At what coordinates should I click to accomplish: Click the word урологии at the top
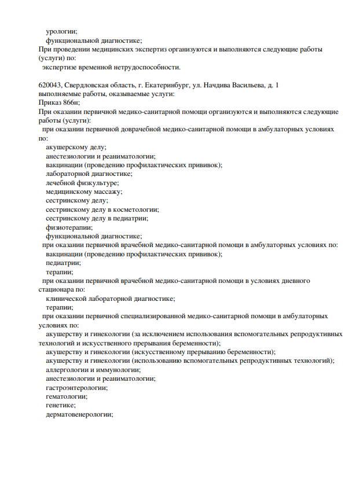point(61,31)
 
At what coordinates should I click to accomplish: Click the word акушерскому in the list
point(68,148)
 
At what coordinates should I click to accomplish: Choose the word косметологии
point(134,209)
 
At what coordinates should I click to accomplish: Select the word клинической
point(68,299)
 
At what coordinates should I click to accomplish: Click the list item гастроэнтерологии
point(76,387)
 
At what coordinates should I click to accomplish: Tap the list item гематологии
point(67,396)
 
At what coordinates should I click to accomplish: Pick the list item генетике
point(60,405)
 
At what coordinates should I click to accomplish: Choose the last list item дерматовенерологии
point(79,414)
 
